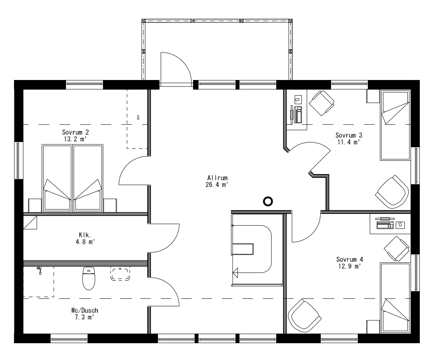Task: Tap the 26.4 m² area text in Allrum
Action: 217,184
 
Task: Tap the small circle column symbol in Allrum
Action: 267,202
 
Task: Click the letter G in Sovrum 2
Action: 138,118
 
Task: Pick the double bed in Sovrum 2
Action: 72,178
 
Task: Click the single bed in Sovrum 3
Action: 395,125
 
